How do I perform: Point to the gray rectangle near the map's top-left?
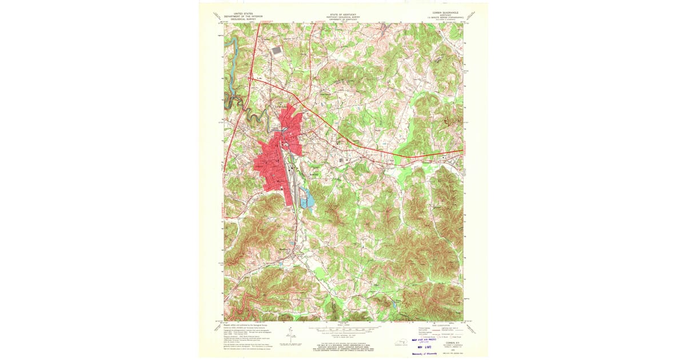(277, 50)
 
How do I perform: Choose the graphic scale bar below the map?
(342, 330)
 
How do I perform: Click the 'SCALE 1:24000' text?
(342, 326)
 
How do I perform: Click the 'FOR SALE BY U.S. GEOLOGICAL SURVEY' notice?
(342, 344)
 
